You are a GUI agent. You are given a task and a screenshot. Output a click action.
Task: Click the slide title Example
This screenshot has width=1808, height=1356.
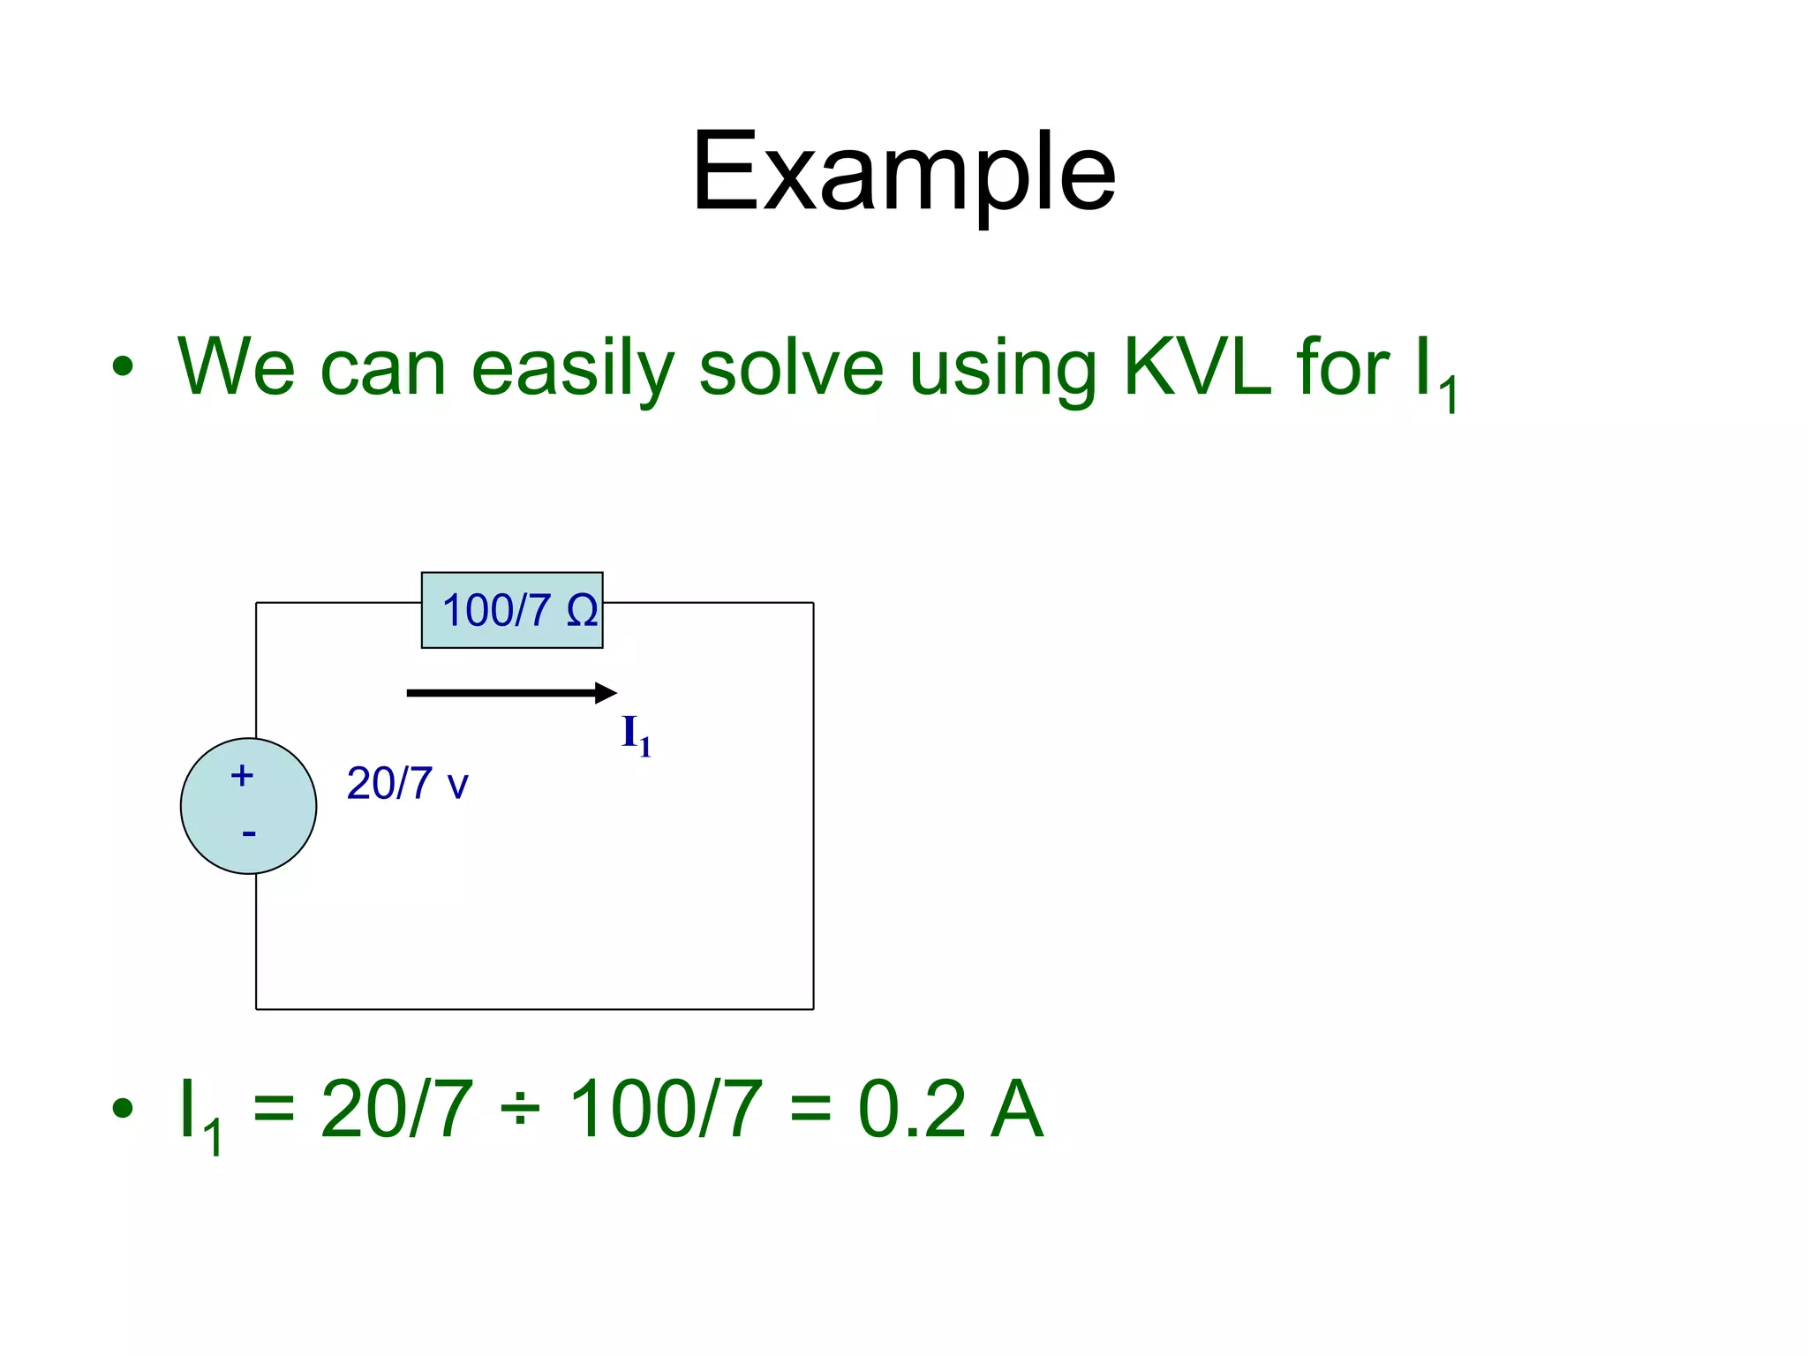coord(903,172)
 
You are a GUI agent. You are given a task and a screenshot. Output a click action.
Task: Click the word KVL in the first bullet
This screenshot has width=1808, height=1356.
coord(1196,367)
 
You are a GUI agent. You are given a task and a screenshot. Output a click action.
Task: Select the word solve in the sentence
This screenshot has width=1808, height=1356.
coord(790,367)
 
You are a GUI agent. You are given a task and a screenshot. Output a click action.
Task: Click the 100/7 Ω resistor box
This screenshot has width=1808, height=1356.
coord(512,610)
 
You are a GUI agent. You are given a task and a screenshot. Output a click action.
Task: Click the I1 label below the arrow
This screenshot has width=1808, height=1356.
coord(636,734)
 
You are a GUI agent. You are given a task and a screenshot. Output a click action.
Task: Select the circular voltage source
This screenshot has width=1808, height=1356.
coord(249,806)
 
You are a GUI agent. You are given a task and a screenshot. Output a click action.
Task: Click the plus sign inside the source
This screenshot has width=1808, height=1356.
coord(242,776)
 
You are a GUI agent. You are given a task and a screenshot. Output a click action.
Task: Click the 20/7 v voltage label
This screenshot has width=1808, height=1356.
coord(407,784)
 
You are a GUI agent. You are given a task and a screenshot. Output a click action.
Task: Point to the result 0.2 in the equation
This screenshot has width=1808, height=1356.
coord(912,1109)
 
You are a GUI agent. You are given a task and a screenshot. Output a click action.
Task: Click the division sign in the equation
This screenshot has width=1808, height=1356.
coord(521,1111)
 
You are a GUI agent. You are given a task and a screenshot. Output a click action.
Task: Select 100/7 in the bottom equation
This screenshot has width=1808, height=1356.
coord(666,1109)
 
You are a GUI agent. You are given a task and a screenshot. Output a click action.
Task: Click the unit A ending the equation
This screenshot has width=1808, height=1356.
coord(1017,1109)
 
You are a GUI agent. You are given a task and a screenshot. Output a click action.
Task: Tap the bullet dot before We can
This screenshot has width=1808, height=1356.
coord(123,365)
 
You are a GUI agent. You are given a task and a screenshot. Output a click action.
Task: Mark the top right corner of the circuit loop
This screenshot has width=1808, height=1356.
coord(813,603)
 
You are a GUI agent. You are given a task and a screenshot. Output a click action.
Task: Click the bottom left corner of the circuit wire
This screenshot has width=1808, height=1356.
coord(256,1009)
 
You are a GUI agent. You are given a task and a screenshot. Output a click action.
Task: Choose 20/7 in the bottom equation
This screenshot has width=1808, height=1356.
coord(396,1109)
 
